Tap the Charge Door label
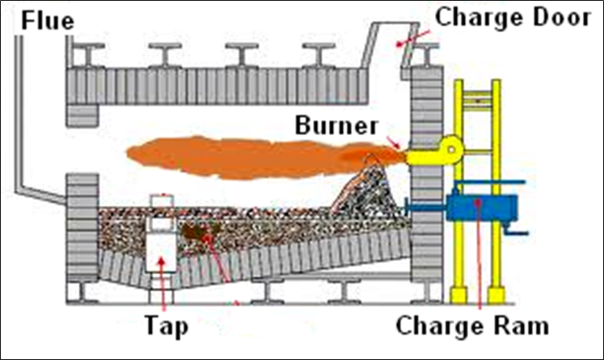tap(512, 17)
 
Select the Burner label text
tap(337, 125)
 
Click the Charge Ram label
tap(471, 324)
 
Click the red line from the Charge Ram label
tap(477, 259)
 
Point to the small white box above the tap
tap(161, 202)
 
